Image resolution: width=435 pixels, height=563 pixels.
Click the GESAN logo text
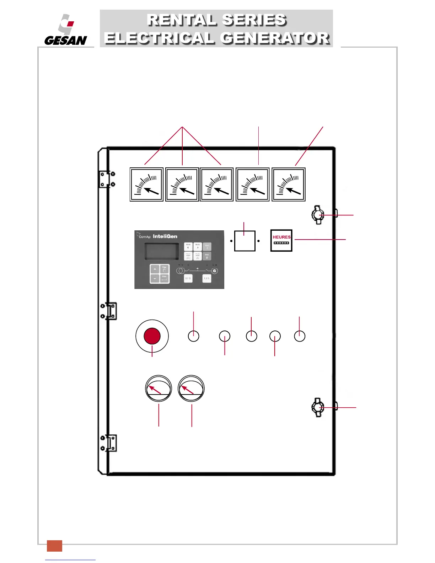[x=65, y=40]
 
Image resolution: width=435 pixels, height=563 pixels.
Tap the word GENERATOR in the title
[x=275, y=38]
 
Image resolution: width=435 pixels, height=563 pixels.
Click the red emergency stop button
[x=152, y=336]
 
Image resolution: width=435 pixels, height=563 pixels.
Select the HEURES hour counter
[x=281, y=241]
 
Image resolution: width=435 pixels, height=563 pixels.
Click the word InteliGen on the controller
[x=165, y=236]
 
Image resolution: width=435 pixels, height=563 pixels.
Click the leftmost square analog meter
[x=146, y=184]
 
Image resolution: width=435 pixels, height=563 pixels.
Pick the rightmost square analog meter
[x=289, y=184]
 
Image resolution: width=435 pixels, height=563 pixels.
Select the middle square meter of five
[x=217, y=184]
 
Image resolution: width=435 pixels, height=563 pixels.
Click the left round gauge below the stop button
[x=159, y=388]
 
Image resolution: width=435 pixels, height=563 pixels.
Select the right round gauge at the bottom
[x=191, y=388]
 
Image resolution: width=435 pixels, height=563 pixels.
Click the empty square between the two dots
[x=245, y=241]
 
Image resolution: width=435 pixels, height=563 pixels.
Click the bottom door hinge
[x=108, y=443]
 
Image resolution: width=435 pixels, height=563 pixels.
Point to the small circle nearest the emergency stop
[x=193, y=336]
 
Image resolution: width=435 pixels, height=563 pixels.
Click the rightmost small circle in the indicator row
[x=300, y=336]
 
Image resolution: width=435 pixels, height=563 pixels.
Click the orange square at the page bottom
[x=54, y=546]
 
